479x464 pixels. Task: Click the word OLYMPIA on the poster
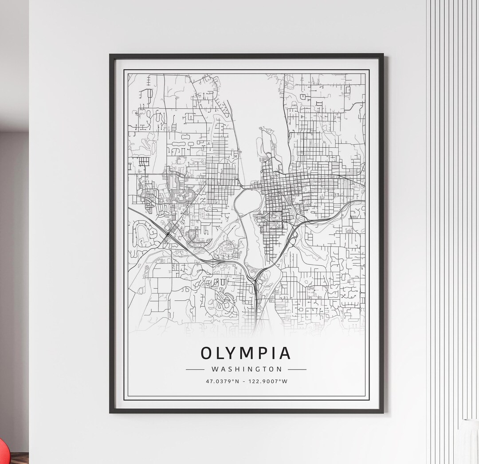tap(246, 353)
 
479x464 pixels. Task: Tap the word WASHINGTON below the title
tap(246, 369)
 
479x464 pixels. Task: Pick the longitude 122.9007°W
tap(268, 381)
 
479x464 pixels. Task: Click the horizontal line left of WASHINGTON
tap(195, 369)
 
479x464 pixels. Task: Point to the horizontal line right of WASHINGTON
tap(297, 369)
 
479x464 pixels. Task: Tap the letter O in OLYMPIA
tap(207, 353)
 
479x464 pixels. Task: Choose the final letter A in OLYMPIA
tap(284, 353)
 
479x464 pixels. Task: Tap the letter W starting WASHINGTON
tap(215, 369)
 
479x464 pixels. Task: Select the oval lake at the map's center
tap(247, 202)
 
